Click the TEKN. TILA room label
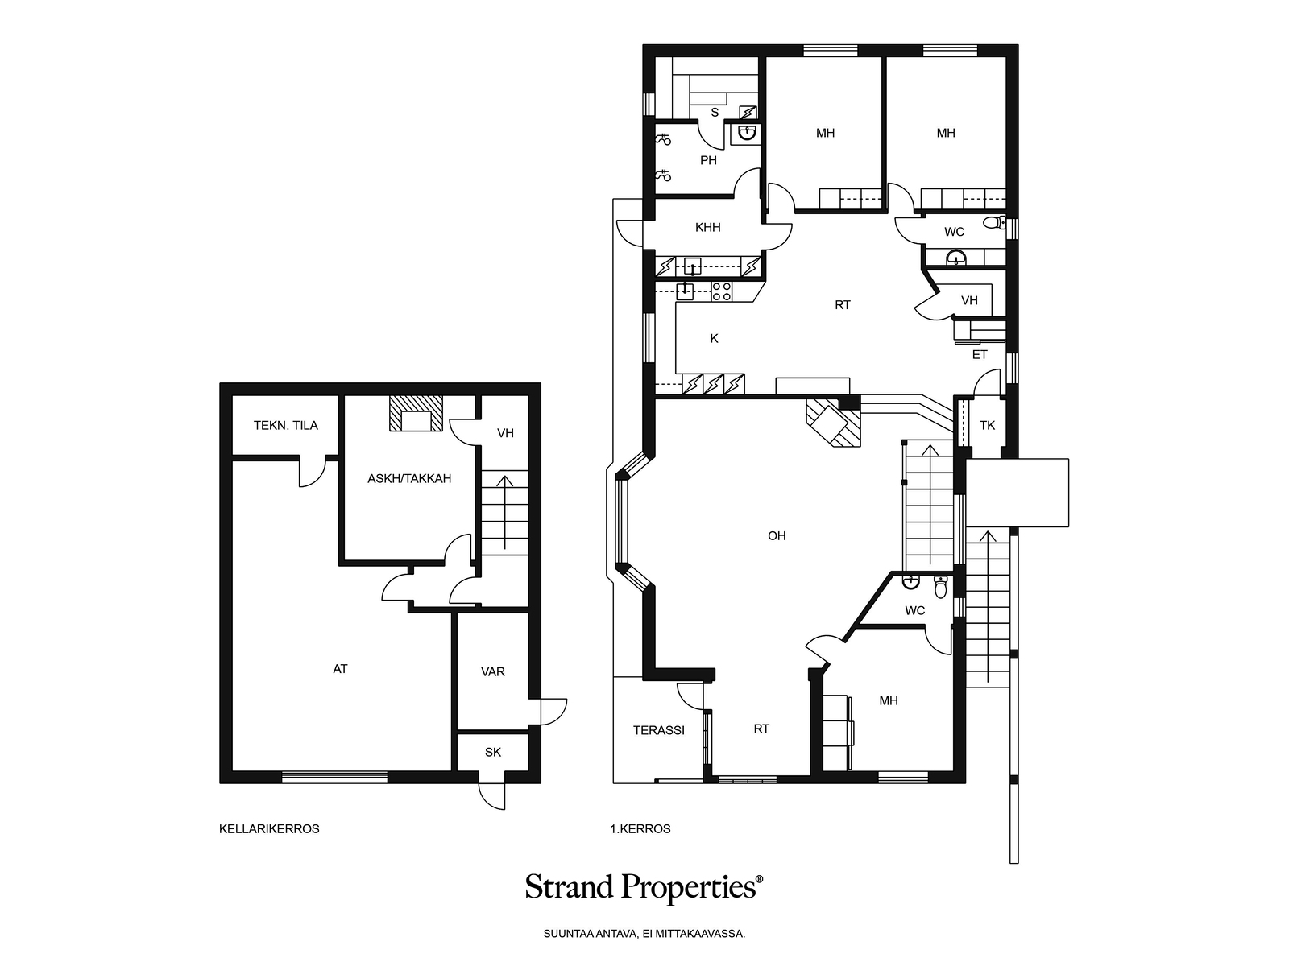285,425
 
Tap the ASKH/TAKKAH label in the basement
409,479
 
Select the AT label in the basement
340,669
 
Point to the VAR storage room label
493,671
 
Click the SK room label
493,752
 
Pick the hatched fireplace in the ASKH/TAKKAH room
417,414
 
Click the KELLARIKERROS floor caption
269,829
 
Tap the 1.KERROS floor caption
640,829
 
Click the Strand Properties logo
644,887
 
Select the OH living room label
777,535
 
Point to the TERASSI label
659,730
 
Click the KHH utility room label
707,228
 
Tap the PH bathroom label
708,160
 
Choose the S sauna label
715,113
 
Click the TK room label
987,425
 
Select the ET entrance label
980,354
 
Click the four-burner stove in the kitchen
722,291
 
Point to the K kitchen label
714,338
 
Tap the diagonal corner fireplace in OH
834,423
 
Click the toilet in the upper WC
994,222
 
